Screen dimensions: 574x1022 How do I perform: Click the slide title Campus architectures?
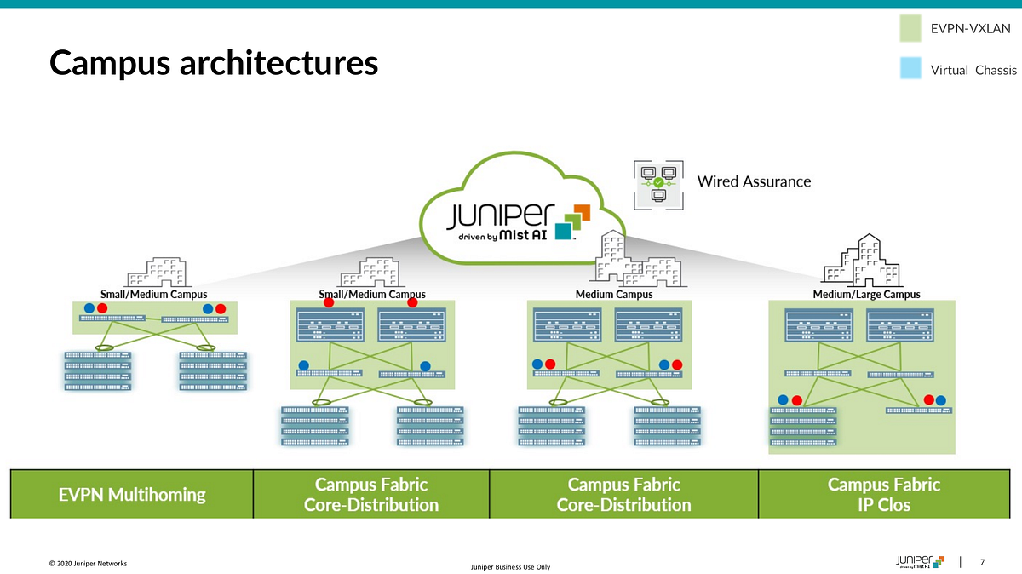pos(213,63)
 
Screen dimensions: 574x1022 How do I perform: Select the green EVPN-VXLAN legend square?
pos(911,29)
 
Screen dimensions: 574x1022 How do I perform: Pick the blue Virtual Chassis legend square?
pos(911,69)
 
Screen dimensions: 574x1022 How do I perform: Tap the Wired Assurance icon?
pos(657,183)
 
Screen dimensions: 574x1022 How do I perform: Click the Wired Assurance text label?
pos(754,181)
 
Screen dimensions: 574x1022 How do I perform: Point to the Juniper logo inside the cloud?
pos(502,213)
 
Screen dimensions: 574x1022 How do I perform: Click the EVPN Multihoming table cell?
pos(132,494)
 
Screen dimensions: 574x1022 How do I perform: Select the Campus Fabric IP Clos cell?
pos(883,494)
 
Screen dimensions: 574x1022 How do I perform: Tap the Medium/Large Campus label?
pos(866,295)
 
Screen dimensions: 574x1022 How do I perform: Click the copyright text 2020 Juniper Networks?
pos(88,563)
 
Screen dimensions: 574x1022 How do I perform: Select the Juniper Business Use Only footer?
pos(510,568)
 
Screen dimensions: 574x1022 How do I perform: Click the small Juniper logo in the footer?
pos(920,561)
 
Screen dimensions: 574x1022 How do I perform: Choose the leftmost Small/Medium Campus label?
pos(154,295)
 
